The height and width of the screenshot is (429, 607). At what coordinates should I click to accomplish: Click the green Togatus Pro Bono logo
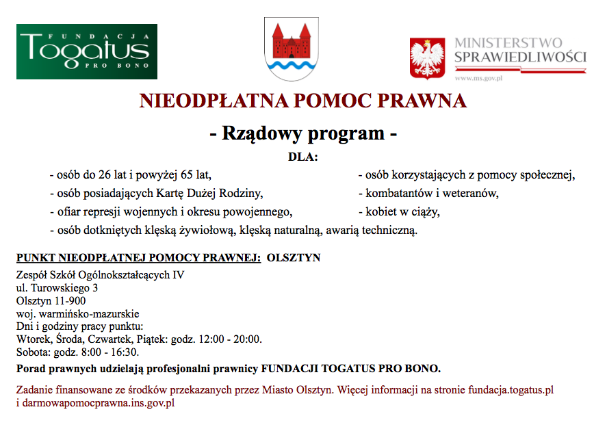pyautogui.click(x=87, y=51)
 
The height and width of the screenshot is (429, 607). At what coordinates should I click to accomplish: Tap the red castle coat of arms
pyautogui.click(x=292, y=49)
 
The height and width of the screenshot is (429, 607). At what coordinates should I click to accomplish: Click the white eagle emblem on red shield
pyautogui.click(x=427, y=59)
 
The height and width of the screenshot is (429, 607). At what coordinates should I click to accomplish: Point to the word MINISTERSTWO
pyautogui.click(x=508, y=43)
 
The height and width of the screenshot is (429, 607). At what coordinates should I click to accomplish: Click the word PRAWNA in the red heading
pyautogui.click(x=426, y=101)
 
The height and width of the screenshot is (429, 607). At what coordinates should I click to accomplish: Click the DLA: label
pyautogui.click(x=303, y=157)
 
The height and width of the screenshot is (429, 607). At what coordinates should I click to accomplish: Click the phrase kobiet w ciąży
pyautogui.click(x=402, y=212)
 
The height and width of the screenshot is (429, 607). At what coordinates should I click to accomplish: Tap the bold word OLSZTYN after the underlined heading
pyautogui.click(x=294, y=258)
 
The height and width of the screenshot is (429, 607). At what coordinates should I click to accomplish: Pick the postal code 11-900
pyautogui.click(x=70, y=300)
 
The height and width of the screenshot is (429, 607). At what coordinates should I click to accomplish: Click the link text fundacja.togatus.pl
pyautogui.click(x=511, y=391)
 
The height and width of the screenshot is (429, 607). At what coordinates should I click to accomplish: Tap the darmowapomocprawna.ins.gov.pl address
pyautogui.click(x=95, y=403)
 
